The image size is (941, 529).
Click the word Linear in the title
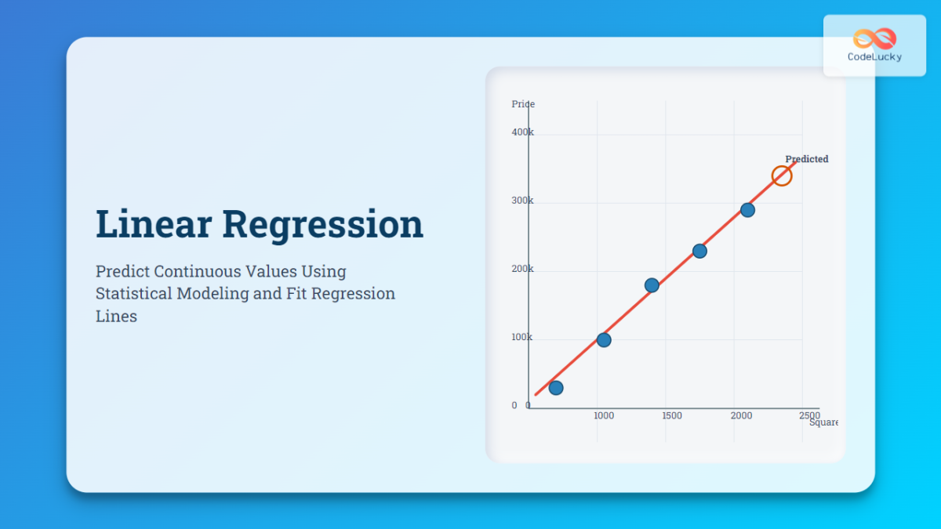(x=154, y=224)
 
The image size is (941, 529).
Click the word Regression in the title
(x=322, y=224)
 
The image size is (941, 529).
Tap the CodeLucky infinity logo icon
(x=874, y=38)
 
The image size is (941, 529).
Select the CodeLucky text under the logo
(x=874, y=57)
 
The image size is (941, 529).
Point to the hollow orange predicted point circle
(x=781, y=176)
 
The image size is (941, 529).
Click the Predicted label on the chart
(x=806, y=159)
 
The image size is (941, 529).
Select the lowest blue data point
(x=556, y=388)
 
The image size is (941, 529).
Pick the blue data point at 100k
(x=604, y=340)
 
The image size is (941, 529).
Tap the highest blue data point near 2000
(x=747, y=210)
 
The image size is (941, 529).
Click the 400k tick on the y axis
(x=522, y=132)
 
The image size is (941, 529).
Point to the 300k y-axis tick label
(x=522, y=201)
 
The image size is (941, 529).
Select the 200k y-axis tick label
(x=522, y=269)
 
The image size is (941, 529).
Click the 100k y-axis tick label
(x=522, y=337)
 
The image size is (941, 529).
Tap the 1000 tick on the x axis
(x=604, y=415)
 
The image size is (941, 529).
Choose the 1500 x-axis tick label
(x=671, y=415)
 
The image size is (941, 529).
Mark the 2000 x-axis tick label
(x=741, y=415)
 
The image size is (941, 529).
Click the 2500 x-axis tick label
(x=809, y=415)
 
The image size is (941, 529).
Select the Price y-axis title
(x=523, y=104)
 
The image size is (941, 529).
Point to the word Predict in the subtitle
(x=122, y=271)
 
